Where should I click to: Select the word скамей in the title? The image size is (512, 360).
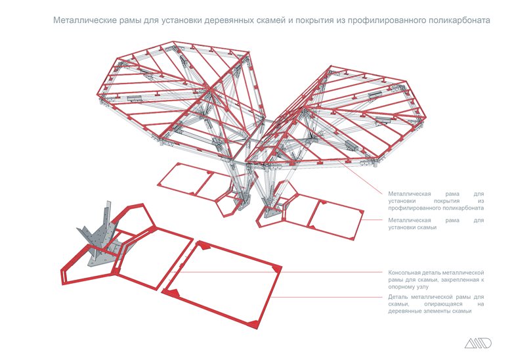pos(271,21)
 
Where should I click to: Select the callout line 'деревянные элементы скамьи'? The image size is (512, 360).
pos(431,311)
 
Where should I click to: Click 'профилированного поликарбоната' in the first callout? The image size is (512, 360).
pos(436,208)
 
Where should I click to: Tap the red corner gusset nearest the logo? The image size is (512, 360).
pos(255,323)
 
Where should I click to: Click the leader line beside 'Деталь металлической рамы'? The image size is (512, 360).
pos(328,297)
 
